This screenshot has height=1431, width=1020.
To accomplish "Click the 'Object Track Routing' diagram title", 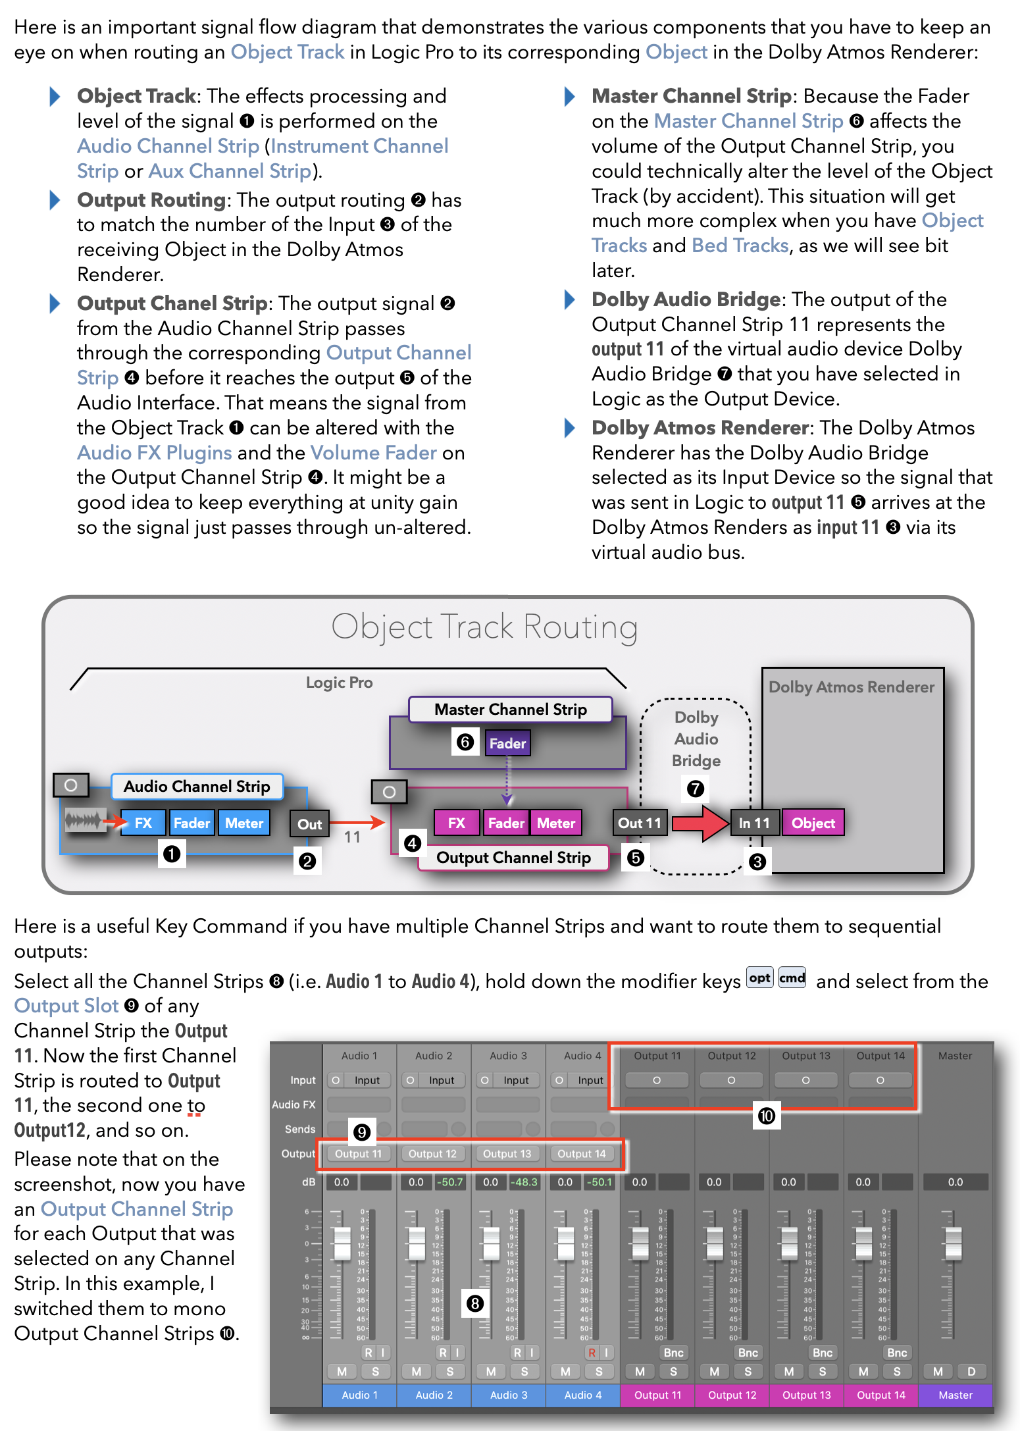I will tap(484, 627).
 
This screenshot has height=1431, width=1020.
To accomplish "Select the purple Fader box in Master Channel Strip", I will tap(507, 743).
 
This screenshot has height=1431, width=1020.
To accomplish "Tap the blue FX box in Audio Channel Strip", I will tap(143, 823).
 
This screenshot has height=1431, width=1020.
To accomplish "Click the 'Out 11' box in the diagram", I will tap(639, 823).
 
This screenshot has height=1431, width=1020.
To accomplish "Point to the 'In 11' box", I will tap(754, 823).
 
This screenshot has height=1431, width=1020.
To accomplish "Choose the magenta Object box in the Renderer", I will tap(813, 823).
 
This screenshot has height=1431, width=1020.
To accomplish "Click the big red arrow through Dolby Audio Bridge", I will tap(700, 823).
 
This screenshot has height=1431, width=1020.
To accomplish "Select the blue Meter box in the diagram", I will tap(244, 823).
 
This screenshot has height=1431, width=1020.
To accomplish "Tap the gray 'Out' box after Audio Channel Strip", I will tap(309, 824).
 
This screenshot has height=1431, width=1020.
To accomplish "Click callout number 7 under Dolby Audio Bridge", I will tap(696, 789).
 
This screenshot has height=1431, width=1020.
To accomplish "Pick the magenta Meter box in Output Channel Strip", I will tap(556, 823).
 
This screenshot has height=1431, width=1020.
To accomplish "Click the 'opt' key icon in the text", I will tap(759, 978).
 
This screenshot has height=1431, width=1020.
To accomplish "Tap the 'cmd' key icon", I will tap(792, 978).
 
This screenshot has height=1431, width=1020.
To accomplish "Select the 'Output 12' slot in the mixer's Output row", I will tap(432, 1153).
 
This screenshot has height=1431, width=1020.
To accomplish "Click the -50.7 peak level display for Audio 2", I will tap(451, 1182).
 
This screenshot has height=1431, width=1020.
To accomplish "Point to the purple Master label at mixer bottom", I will tap(956, 1395).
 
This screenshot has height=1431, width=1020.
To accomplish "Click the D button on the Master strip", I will tap(971, 1371).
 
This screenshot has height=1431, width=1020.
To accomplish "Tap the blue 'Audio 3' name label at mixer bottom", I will tap(509, 1395).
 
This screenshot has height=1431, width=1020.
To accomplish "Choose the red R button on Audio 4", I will tap(592, 1352).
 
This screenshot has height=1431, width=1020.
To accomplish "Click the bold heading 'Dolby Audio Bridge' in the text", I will tap(686, 299).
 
